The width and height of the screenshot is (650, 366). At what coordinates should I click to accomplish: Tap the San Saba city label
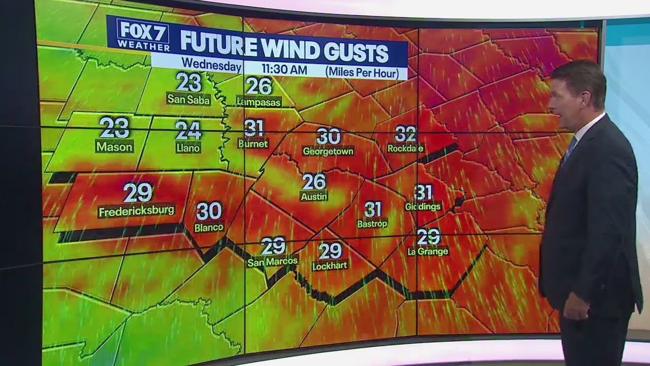(188, 100)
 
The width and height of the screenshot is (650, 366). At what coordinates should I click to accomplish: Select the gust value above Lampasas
(259, 86)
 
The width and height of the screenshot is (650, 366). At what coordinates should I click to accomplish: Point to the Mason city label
(114, 147)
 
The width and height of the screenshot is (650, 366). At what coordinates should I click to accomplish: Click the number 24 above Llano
(188, 130)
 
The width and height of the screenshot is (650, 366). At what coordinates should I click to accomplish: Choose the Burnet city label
(253, 144)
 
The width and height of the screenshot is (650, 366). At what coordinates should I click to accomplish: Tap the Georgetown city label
(328, 151)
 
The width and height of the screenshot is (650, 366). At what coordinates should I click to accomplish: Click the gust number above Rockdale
(405, 134)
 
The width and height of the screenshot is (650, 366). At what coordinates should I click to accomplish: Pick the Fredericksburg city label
(136, 211)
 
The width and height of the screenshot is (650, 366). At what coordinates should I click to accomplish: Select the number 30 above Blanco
(209, 211)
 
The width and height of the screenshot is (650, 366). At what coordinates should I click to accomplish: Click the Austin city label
(314, 196)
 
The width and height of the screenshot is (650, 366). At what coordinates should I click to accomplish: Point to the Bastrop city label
(372, 224)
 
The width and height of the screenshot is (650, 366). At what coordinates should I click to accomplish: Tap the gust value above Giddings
(423, 192)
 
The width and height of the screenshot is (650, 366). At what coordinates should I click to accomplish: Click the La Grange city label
(428, 251)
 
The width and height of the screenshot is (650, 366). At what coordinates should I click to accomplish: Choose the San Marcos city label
(273, 262)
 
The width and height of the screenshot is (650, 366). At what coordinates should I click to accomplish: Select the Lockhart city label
(330, 265)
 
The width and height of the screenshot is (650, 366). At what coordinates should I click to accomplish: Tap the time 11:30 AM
(284, 69)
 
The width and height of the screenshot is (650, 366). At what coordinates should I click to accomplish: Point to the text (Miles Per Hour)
(362, 72)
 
